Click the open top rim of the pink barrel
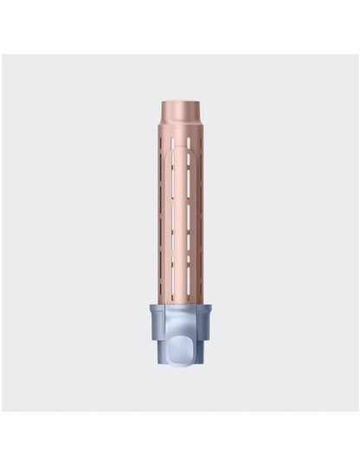(180, 103)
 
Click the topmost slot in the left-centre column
(173, 166)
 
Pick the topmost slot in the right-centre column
(188, 166)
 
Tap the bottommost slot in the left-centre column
(173, 282)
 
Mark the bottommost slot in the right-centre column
(188, 282)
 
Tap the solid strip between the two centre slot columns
(180, 217)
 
